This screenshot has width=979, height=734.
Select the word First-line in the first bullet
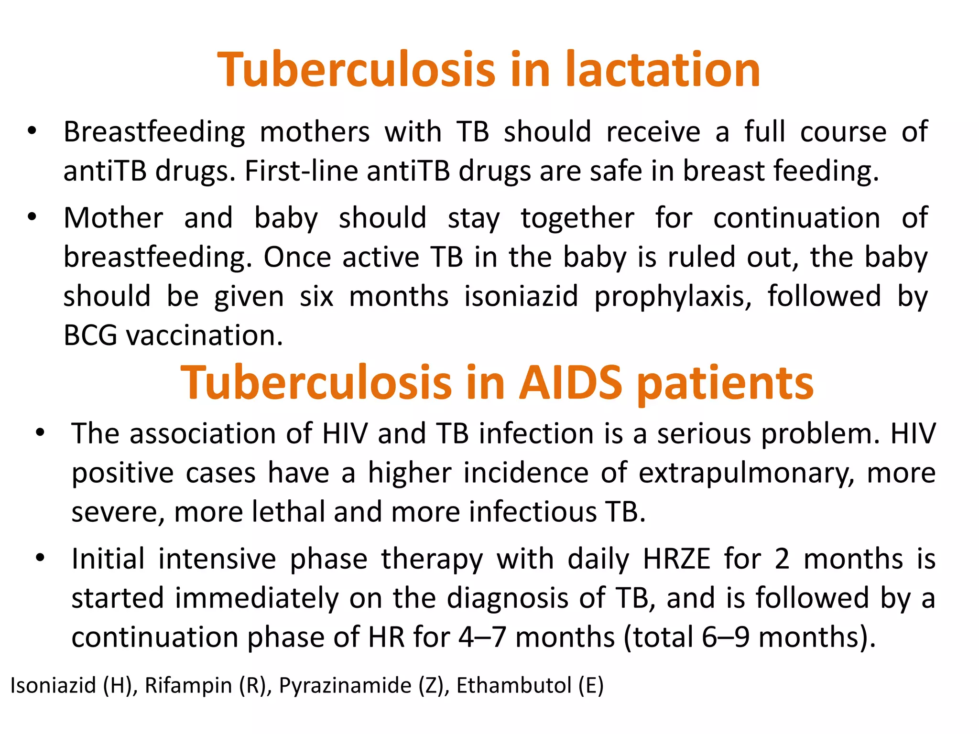pos(301,171)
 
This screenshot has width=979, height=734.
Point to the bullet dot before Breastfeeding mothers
pos(32,131)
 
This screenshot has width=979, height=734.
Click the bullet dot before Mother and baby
pos(32,217)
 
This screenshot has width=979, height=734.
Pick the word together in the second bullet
pos(577,218)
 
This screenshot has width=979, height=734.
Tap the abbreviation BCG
pos(90,335)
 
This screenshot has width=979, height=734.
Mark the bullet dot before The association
pos(40,433)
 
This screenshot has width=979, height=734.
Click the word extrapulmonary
pos(746,473)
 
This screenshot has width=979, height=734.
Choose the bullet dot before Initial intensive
pos(40,558)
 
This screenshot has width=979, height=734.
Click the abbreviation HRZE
pos(676,559)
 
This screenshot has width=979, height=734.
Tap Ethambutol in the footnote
pos(514,685)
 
